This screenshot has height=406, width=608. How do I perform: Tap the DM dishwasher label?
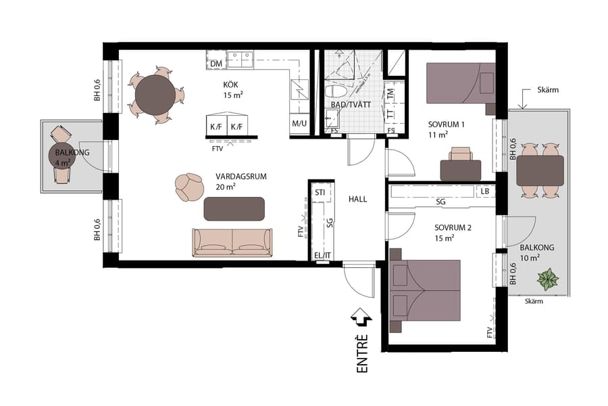[216, 64]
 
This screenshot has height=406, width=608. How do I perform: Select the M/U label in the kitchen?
[299, 125]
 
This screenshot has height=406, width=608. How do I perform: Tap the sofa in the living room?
[232, 242]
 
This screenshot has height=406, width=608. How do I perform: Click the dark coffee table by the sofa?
[234, 209]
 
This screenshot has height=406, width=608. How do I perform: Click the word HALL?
[358, 200]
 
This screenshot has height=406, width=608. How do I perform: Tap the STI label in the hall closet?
[321, 193]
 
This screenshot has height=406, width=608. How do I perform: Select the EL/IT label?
[322, 255]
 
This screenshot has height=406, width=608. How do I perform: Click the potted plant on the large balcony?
[547, 279]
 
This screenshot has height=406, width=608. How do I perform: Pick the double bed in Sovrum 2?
[426, 291]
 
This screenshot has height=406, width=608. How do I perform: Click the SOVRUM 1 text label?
[447, 125]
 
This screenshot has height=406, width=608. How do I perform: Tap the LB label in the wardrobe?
[485, 191]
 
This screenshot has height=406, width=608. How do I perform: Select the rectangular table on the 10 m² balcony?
[540, 170]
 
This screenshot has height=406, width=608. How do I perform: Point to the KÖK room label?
[232, 85]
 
